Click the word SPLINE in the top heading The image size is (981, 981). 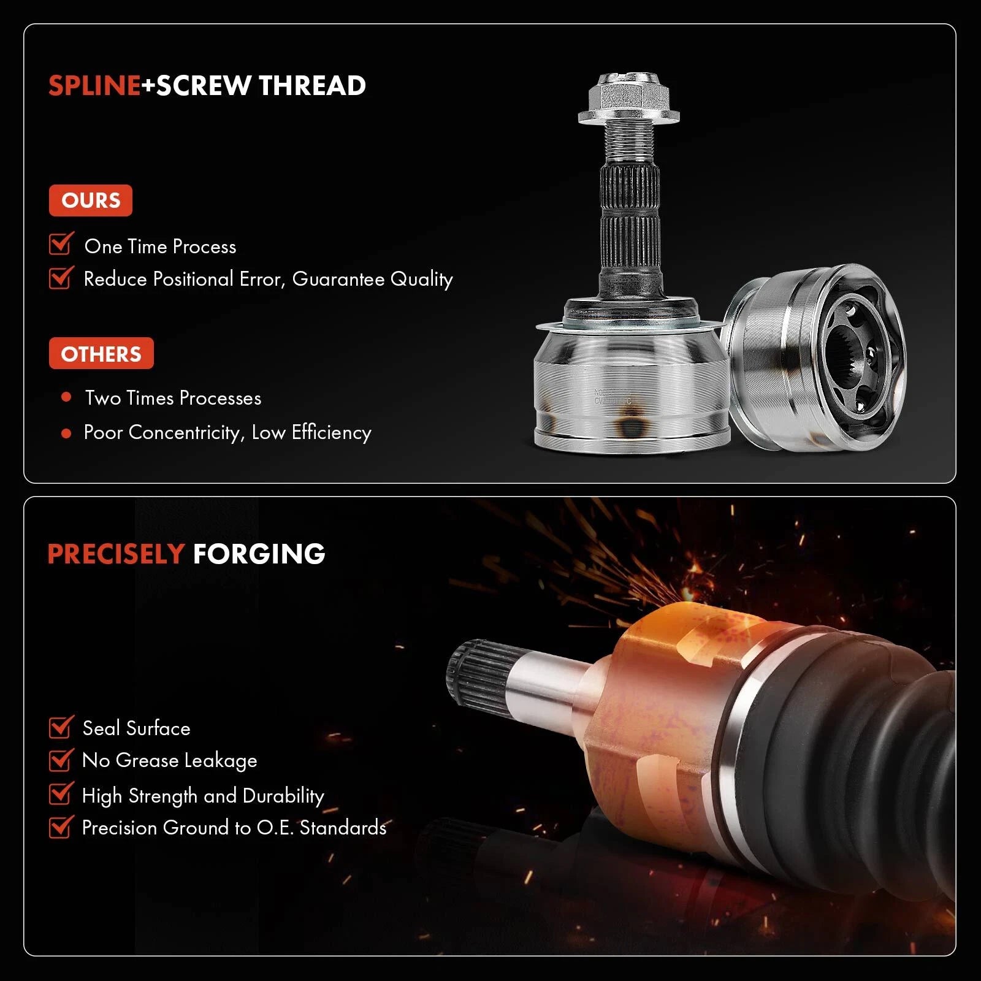(94, 85)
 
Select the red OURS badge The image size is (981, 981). (91, 200)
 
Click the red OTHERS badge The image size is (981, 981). (101, 354)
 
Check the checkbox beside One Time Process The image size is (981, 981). (61, 243)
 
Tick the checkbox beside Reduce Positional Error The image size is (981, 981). (61, 277)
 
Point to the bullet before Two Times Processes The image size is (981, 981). (67, 397)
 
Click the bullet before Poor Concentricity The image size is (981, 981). (67, 433)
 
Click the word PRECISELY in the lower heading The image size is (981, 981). (116, 554)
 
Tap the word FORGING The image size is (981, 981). (259, 554)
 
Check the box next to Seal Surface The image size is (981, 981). (61, 727)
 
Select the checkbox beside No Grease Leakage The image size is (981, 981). (61, 760)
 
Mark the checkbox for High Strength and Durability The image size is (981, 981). (61, 793)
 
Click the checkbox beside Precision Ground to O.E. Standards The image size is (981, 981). (61, 826)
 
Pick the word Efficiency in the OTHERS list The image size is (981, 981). (332, 433)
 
